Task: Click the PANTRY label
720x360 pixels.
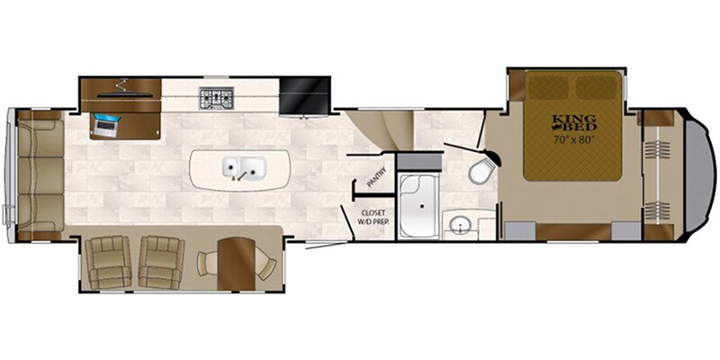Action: [x=376, y=177]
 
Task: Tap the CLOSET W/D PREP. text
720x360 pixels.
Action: [x=373, y=217]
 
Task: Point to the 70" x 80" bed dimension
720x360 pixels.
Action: [x=574, y=139]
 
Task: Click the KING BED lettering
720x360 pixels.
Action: [x=574, y=122]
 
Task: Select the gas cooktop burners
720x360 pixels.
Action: [x=216, y=98]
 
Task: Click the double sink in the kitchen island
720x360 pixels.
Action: [x=244, y=167]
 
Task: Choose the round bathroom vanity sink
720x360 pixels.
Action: [x=458, y=225]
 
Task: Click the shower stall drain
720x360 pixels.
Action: [x=422, y=206]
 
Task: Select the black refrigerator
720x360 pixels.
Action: [x=305, y=95]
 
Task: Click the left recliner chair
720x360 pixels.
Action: [x=108, y=263]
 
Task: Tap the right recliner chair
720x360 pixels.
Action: [x=162, y=263]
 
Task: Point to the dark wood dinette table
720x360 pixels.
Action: [x=236, y=264]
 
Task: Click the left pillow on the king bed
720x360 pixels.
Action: [x=549, y=87]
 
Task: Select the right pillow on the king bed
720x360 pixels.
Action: [x=597, y=87]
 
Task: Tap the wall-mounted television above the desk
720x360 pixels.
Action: [x=124, y=95]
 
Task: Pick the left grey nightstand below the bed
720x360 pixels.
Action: [x=520, y=231]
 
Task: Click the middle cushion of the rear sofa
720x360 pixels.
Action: [x=40, y=175]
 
